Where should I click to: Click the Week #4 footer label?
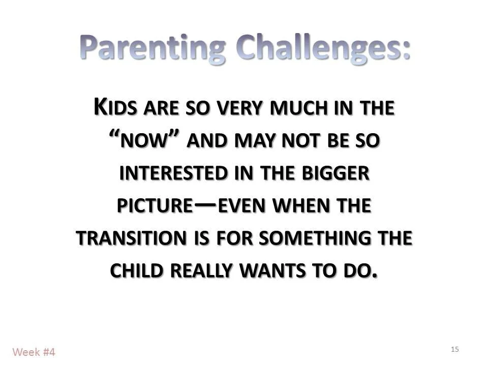click(x=34, y=352)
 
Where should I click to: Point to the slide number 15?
click(x=454, y=349)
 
